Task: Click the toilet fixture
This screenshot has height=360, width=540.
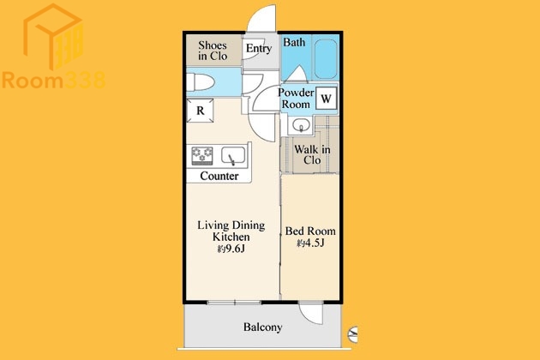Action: pos(201,82)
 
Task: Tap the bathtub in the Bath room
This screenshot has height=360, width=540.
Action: pos(326,58)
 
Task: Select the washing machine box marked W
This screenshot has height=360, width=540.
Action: pos(326,99)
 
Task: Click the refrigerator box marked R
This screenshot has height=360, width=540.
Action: pos(200,111)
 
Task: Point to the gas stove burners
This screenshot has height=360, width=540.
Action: pos(202,156)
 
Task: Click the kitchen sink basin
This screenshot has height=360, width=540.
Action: pos(233,155)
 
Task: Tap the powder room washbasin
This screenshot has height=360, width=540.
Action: pos(301,126)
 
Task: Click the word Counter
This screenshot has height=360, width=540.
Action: pos(219,176)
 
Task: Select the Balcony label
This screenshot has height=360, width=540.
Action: pos(263,327)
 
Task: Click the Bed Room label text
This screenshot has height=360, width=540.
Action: pos(310,231)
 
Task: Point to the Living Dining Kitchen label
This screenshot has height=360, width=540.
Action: pos(231,231)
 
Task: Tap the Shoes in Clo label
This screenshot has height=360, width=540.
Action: pos(213,51)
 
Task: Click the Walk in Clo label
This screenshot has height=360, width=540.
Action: pos(312,154)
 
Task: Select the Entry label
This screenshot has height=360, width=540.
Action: pos(259,49)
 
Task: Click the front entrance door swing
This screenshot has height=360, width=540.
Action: pos(261,18)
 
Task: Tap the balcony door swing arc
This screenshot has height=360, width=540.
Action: pos(311,313)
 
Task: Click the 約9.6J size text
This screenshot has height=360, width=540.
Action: pos(231,249)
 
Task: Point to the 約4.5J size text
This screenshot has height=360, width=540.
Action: pos(310,243)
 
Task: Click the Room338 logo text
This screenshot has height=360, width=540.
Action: pos(53,81)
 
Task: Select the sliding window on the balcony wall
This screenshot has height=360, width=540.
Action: pos(235,303)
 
